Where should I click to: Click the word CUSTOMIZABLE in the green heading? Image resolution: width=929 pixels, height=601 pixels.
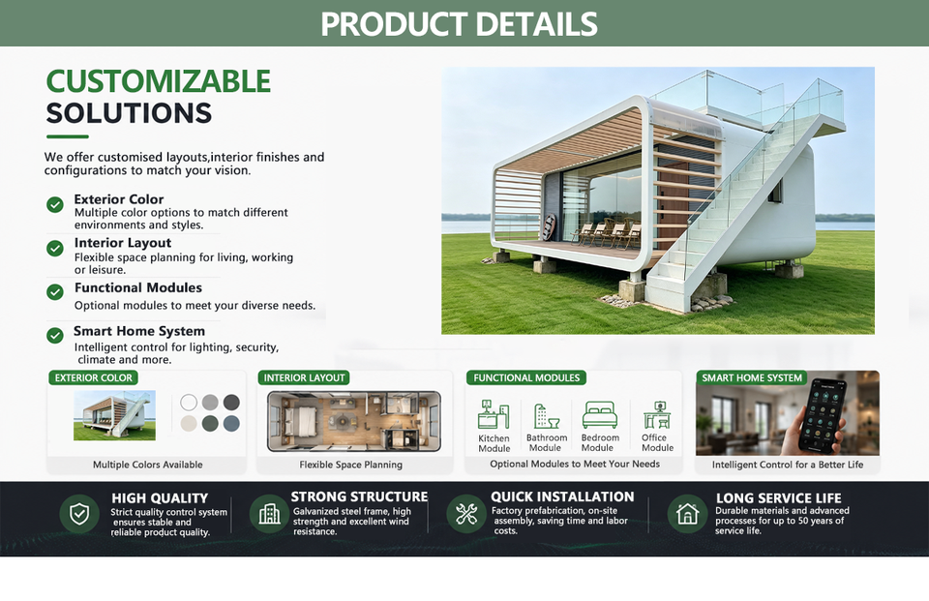point(158,81)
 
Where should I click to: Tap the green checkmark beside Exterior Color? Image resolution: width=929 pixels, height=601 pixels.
point(55,204)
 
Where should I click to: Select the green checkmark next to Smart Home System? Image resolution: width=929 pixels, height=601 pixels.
point(55,336)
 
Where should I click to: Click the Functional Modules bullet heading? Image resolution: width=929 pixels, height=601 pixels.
point(138,287)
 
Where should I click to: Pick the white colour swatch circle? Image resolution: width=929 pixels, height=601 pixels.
point(189,403)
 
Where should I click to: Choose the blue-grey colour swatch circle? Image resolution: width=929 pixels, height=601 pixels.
point(231,423)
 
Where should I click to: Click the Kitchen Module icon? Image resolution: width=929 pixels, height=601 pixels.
point(494,414)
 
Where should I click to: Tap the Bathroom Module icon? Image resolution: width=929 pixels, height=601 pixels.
point(546,416)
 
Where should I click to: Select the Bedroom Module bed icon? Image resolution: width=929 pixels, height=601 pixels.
point(600,415)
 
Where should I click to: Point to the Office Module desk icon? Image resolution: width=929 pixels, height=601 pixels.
point(657,415)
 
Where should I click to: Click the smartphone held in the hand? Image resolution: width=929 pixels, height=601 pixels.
point(823,416)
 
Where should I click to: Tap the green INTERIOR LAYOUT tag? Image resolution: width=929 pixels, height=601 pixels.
point(304,377)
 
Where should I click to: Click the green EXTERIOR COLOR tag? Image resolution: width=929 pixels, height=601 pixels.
point(93,377)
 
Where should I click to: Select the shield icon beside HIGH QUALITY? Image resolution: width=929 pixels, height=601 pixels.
point(79,514)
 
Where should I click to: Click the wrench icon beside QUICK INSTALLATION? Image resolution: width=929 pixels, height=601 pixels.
point(466,514)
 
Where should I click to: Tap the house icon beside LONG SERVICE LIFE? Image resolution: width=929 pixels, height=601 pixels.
point(687,514)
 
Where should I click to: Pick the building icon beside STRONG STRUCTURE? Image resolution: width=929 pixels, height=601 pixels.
point(270,514)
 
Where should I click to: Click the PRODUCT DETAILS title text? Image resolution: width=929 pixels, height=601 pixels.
point(459,23)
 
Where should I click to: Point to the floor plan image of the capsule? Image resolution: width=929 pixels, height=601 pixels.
point(354,421)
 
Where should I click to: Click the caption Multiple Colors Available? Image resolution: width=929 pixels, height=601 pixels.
point(147,465)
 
